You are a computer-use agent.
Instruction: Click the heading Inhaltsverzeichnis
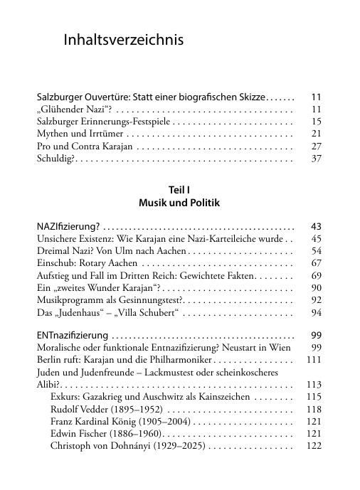[x=124, y=41]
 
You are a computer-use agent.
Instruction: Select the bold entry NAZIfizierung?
[x=68, y=226]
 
